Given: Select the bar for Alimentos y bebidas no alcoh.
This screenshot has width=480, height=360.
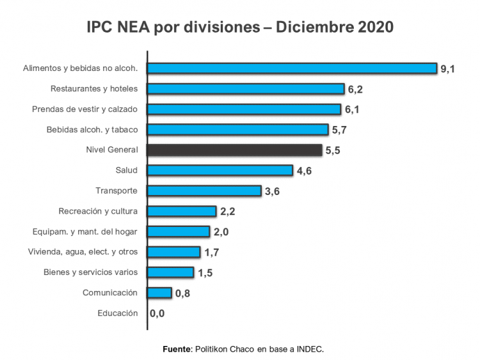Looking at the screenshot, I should coord(292,68).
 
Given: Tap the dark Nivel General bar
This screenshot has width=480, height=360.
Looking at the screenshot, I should coord(234,150).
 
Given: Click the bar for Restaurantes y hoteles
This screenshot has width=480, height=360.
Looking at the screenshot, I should coord(246,89).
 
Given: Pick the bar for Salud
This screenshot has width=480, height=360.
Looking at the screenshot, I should coord(220,171).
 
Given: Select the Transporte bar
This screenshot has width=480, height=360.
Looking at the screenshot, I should coord(204,191).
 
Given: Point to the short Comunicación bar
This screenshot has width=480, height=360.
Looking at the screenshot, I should coord(159,293).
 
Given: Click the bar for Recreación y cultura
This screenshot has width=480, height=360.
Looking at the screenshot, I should coord(182,212).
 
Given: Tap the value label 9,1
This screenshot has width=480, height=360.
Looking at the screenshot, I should coord(447,69).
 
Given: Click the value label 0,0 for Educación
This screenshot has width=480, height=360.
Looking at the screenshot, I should coord(157,314).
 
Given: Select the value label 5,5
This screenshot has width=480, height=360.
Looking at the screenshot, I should coord(332,151).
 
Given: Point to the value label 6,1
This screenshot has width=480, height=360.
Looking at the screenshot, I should coord(352,110).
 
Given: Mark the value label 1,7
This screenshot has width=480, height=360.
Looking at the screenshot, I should coord(211,253).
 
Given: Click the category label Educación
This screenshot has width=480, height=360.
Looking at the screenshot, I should coord(117,313).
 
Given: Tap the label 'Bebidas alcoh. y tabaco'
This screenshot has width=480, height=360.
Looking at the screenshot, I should coord(92,130).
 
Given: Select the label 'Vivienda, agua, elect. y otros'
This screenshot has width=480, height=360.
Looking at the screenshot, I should coord(83,252).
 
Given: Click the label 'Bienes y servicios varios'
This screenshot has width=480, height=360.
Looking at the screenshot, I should coord(90,272).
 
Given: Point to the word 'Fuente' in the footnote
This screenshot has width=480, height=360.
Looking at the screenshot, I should coord(177,349).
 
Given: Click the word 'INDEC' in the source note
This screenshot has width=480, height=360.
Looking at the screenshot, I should coord(310,349).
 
